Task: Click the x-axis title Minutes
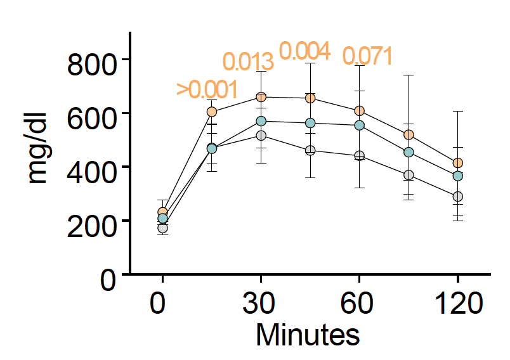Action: pyautogui.click(x=308, y=335)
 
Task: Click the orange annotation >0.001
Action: pyautogui.click(x=207, y=90)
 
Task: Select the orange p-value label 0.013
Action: pyautogui.click(x=248, y=62)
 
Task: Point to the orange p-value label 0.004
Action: pyautogui.click(x=304, y=51)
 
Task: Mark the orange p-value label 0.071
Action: pyautogui.click(x=367, y=56)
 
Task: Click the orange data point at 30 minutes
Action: pyautogui.click(x=261, y=97)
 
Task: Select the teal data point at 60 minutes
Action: pyautogui.click(x=359, y=125)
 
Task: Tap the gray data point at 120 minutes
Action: pyautogui.click(x=457, y=196)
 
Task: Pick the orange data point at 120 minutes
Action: pyautogui.click(x=457, y=163)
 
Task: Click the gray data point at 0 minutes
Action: pyautogui.click(x=162, y=228)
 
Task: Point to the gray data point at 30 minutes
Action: pyautogui.click(x=261, y=136)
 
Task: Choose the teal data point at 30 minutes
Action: pyautogui.click(x=261, y=121)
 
